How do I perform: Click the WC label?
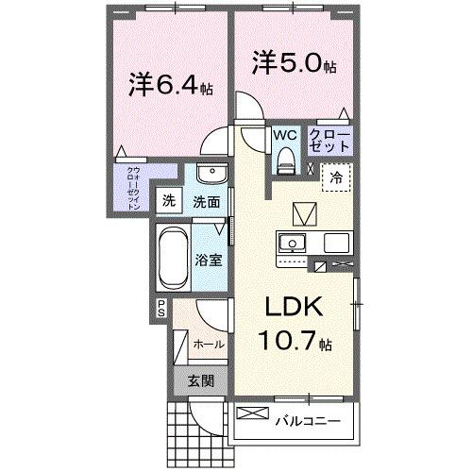pos(284,135)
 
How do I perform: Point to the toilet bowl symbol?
pos(284,162)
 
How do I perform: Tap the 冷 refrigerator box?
pos(336,177)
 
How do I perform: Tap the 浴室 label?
pos(210,260)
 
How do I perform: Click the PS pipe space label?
pos(161,307)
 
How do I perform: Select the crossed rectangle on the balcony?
pos(252,413)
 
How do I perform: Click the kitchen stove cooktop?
pos(336,243)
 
